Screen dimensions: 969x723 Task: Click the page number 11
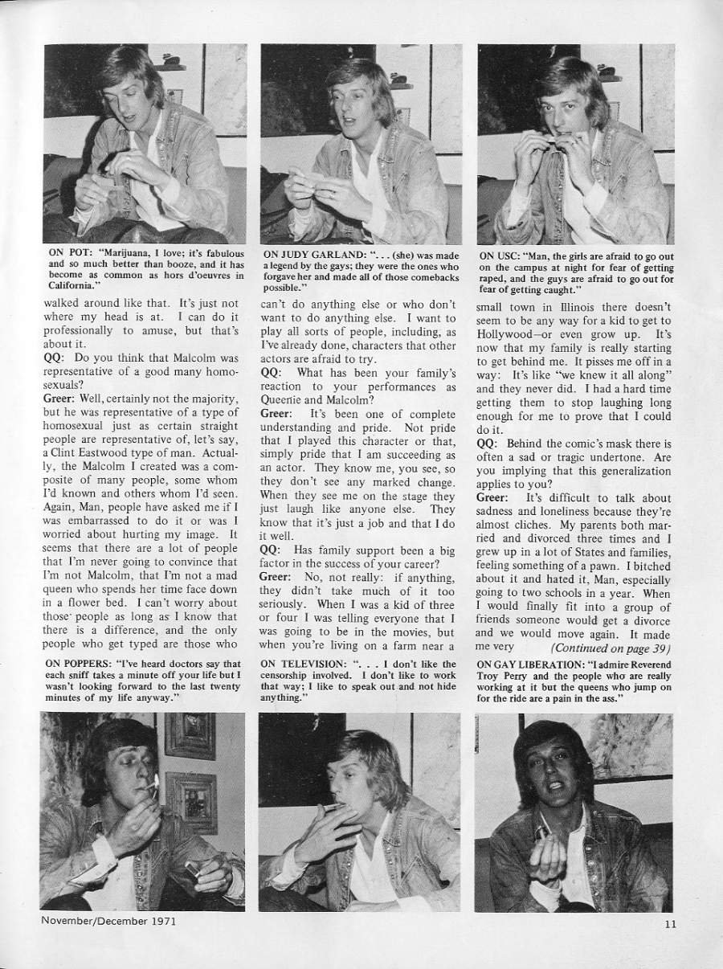point(671,924)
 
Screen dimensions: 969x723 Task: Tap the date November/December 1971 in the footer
point(108,921)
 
